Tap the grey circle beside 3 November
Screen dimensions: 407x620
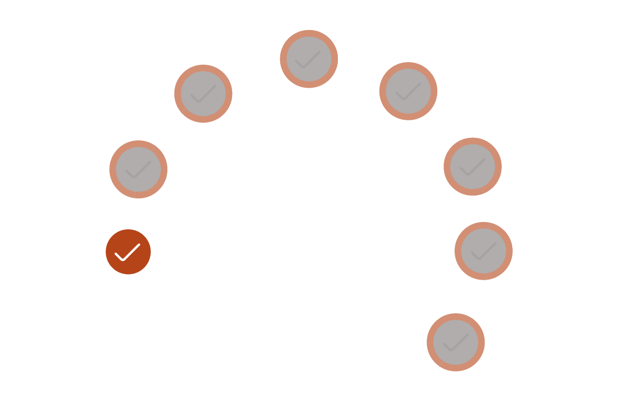138,169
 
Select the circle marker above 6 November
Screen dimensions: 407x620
203,94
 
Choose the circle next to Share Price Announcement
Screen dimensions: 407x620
408,91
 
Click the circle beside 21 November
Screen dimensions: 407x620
473,166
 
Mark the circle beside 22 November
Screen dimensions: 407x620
484,250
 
